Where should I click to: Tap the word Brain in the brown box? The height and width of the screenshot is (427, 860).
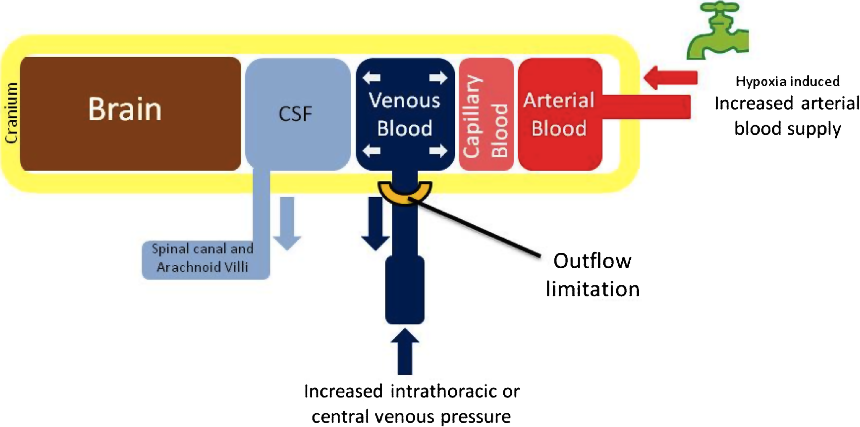click(125, 109)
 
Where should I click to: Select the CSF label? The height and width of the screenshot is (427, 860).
click(295, 114)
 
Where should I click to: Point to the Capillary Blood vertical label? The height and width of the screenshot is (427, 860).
click(486, 116)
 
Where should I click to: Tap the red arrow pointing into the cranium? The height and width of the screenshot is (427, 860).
click(671, 78)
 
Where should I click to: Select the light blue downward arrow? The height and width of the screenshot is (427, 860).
click(287, 223)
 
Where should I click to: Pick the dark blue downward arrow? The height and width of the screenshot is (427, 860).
click(376, 223)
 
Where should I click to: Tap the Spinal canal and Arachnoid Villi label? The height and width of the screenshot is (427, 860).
click(202, 258)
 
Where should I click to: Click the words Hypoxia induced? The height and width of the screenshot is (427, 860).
click(787, 81)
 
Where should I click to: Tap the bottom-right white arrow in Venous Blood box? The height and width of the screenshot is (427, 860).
click(438, 151)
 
